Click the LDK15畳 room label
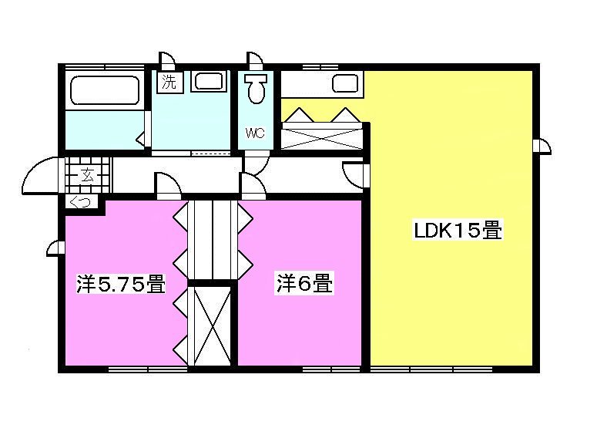pyautogui.click(x=458, y=230)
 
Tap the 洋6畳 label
pyautogui.click(x=304, y=284)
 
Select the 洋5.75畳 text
pyautogui.click(x=121, y=285)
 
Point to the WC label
pyautogui.click(x=255, y=133)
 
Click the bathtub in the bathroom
pyautogui.click(x=105, y=90)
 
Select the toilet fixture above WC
pyautogui.click(x=257, y=90)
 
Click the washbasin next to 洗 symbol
pyautogui.click(x=208, y=81)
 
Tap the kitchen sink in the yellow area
pyautogui.click(x=344, y=84)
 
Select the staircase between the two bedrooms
pyautogui.click(x=212, y=239)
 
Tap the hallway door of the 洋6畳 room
pyautogui.click(x=252, y=186)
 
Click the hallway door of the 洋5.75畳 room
pyautogui.click(x=168, y=186)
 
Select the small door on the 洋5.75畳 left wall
pyautogui.click(x=55, y=247)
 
